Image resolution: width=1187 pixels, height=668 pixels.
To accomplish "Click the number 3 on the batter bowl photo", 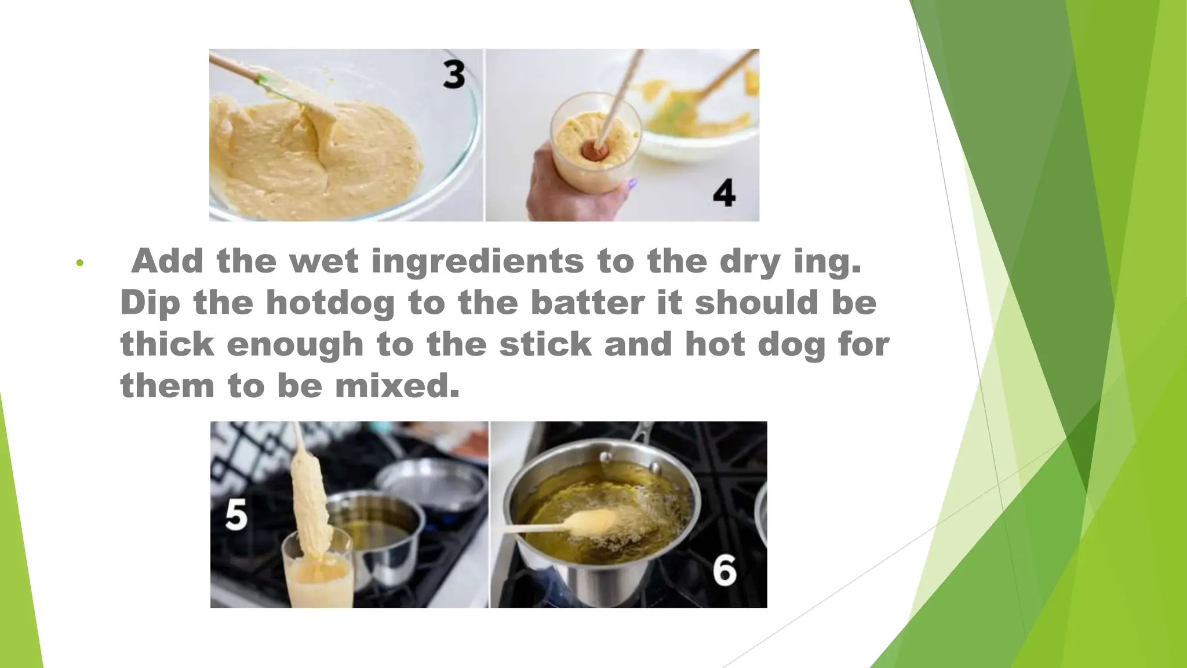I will pos(454,75).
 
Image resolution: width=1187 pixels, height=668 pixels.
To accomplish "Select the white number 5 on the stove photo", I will pos(236,515).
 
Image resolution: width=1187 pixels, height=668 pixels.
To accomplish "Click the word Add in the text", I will pos(167,261).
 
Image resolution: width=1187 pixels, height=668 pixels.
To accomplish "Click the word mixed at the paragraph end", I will pos(397,386).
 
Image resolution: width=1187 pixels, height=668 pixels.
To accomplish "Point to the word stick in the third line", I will pos(545,344).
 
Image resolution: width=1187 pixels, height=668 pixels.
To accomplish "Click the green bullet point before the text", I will pos(80,263).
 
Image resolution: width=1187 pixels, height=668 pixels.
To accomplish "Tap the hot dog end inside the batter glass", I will pos(594,150).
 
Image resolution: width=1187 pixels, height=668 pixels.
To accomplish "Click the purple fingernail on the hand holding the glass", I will pos(632,184).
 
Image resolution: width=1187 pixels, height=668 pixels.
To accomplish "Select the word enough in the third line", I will pos(295,344).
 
